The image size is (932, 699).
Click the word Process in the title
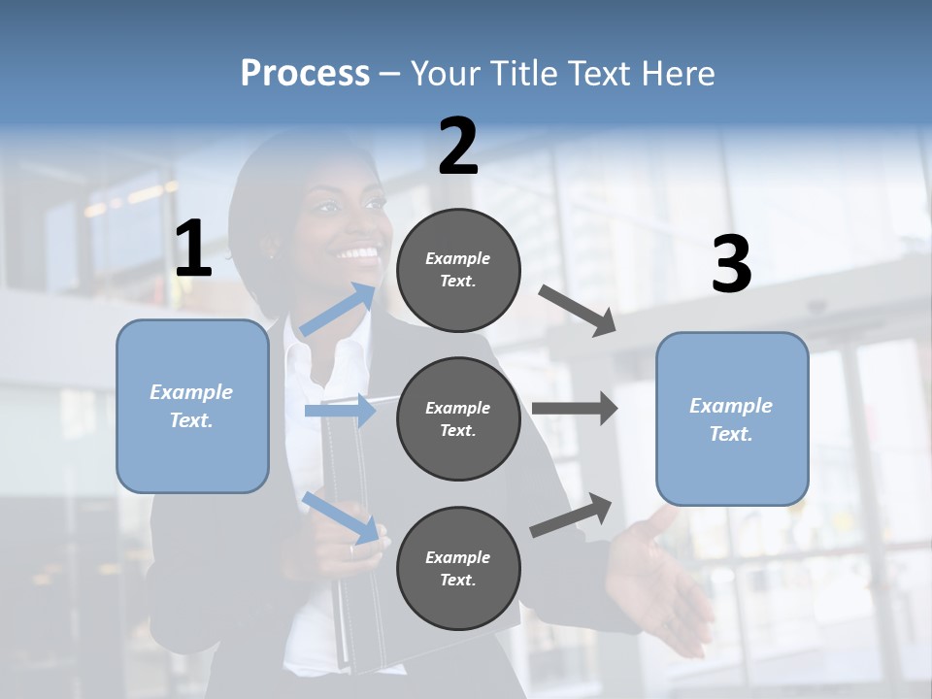point(305,74)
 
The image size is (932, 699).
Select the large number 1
point(193,250)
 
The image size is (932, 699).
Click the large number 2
point(458,147)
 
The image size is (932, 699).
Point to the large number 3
point(731,265)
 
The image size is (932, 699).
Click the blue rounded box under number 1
point(192,406)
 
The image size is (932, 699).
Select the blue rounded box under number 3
point(732,418)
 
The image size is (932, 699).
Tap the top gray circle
point(458,270)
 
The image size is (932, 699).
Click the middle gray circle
point(458,418)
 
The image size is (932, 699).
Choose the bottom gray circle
point(458,568)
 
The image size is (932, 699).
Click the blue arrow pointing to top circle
point(337,310)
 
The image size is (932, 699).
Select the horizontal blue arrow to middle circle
point(340,411)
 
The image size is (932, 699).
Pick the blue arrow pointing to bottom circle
point(340,517)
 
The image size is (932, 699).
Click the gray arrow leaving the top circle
point(577,310)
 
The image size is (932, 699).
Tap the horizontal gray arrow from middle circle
point(574,408)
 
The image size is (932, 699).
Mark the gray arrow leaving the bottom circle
point(571,515)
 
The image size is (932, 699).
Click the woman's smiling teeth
point(358,254)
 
